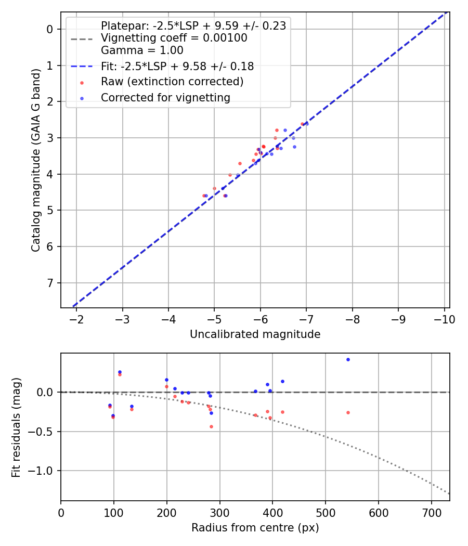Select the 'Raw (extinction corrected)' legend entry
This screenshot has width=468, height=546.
172,82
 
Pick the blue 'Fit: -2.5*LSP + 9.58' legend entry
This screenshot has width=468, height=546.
177,67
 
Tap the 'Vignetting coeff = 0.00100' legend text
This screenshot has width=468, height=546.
174,38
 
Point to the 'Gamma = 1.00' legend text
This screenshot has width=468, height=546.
142,51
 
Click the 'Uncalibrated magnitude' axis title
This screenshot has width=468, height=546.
255,334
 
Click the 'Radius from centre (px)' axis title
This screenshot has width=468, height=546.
255,528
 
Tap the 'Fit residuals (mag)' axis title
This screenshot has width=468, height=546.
17,427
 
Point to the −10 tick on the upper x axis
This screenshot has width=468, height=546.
445,319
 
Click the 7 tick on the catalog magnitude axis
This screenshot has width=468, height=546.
50,283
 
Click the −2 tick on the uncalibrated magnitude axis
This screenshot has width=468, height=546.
76,319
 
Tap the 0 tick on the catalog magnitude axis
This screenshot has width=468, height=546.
50,29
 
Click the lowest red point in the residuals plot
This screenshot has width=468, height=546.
211,426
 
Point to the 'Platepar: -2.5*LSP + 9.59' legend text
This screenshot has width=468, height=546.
193,26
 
